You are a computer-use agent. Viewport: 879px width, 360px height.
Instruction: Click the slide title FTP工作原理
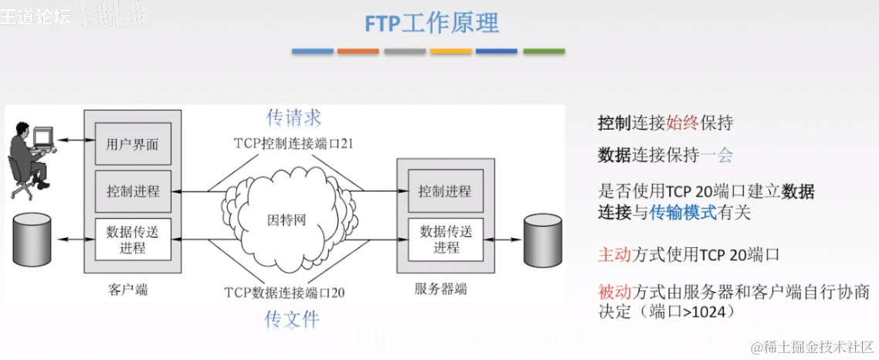point(432,23)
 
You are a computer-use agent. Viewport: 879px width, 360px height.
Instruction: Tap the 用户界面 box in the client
point(133,144)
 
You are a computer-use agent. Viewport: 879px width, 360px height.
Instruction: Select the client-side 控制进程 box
point(133,191)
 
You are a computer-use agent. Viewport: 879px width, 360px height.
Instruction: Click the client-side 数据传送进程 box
point(133,239)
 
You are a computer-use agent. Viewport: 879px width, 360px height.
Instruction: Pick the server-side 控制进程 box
point(445,191)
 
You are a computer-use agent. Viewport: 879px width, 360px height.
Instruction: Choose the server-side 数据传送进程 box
point(445,239)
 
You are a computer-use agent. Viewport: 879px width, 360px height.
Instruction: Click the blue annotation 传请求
point(294,117)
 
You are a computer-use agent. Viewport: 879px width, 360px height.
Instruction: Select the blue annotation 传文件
point(292,318)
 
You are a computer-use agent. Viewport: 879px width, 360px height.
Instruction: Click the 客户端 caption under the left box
point(128,290)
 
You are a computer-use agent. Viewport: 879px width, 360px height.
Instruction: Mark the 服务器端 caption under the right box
point(440,290)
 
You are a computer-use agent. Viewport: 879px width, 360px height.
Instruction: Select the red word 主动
point(615,254)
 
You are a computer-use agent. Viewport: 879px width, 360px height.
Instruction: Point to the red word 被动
point(615,292)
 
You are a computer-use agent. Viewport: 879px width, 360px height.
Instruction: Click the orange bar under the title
point(358,51)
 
